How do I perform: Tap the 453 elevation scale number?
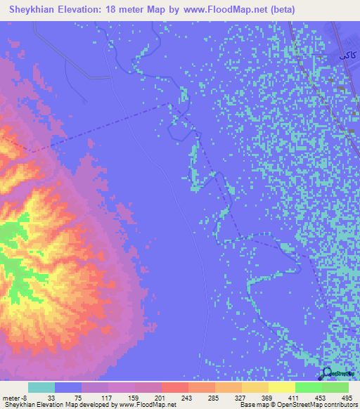coord(321,396)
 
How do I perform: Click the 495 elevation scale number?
coord(348,396)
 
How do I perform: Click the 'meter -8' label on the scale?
coord(14,396)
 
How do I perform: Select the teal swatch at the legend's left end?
coord(41,387)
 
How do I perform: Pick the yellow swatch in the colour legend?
coord(281,387)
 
